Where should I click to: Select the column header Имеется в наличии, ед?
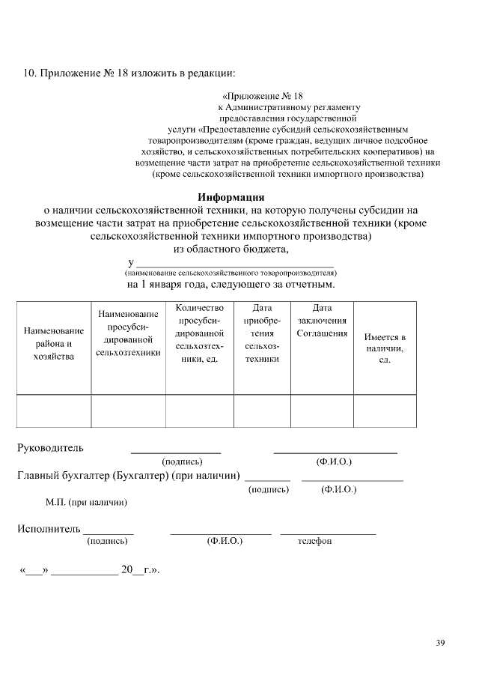click(x=385, y=348)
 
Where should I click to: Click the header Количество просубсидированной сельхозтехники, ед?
click(x=199, y=333)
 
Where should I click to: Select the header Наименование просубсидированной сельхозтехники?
click(x=128, y=333)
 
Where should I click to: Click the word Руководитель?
click(x=50, y=448)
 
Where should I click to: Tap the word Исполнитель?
click(x=49, y=529)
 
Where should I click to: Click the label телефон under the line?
click(x=314, y=541)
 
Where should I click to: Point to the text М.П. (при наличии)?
click(x=86, y=502)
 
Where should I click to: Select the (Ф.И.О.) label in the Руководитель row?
click(x=334, y=462)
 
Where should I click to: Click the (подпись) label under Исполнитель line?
click(x=108, y=541)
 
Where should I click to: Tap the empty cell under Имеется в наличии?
click(x=385, y=410)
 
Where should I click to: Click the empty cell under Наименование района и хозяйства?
click(x=53, y=410)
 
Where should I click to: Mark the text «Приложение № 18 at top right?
click(x=263, y=97)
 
